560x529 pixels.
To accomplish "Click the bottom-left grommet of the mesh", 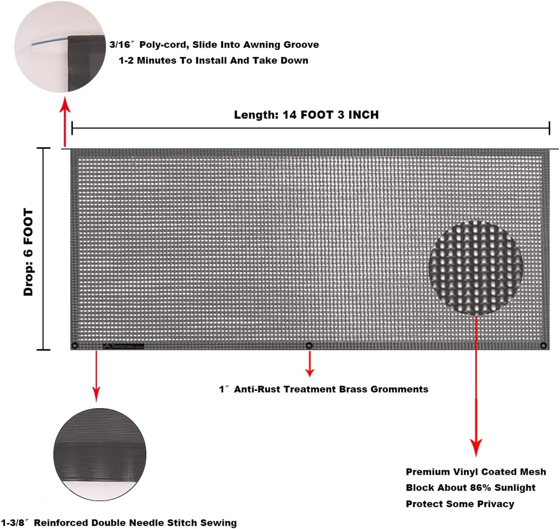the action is point(75,346).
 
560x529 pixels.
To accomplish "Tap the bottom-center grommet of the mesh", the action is point(309,346).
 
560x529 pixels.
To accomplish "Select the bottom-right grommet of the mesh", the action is point(543,346).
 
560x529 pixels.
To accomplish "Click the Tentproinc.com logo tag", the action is point(124,346).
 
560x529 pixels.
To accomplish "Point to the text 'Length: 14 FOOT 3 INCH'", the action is point(306,115).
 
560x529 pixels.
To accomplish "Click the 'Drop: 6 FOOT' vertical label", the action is point(29,252).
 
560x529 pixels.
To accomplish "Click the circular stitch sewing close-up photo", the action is point(100,454).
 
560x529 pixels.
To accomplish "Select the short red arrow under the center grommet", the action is point(310,364).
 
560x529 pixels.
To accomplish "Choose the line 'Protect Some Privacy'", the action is point(460,504).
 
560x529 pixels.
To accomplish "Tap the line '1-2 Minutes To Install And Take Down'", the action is point(213,61).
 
